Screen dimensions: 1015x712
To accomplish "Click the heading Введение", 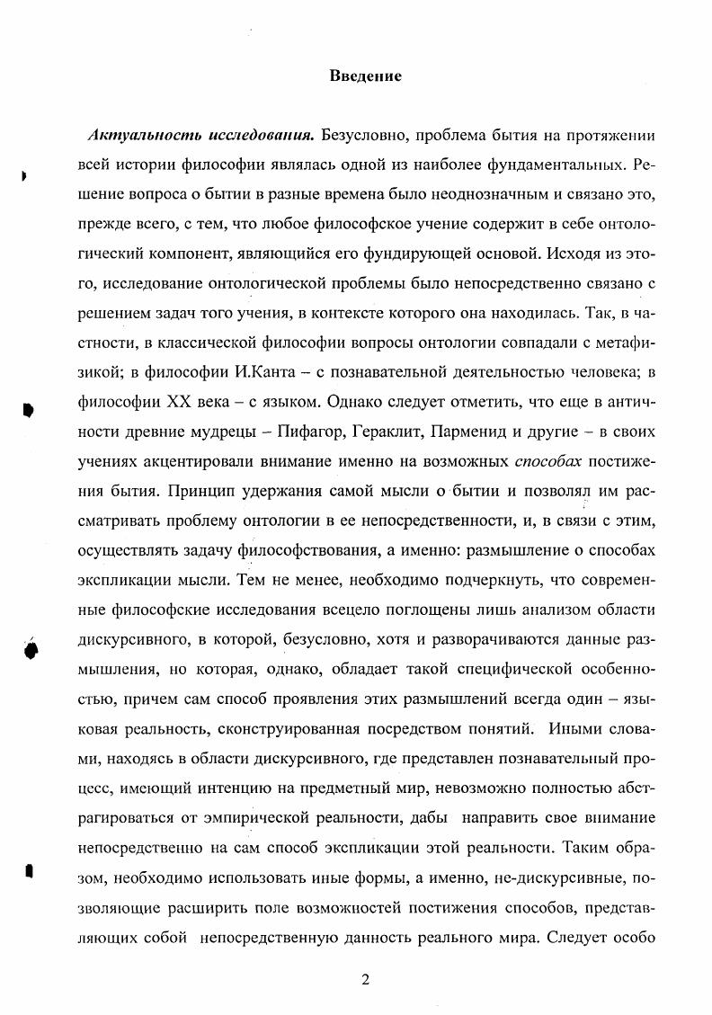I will [x=364, y=76].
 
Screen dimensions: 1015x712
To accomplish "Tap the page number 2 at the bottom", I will [x=364, y=979].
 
